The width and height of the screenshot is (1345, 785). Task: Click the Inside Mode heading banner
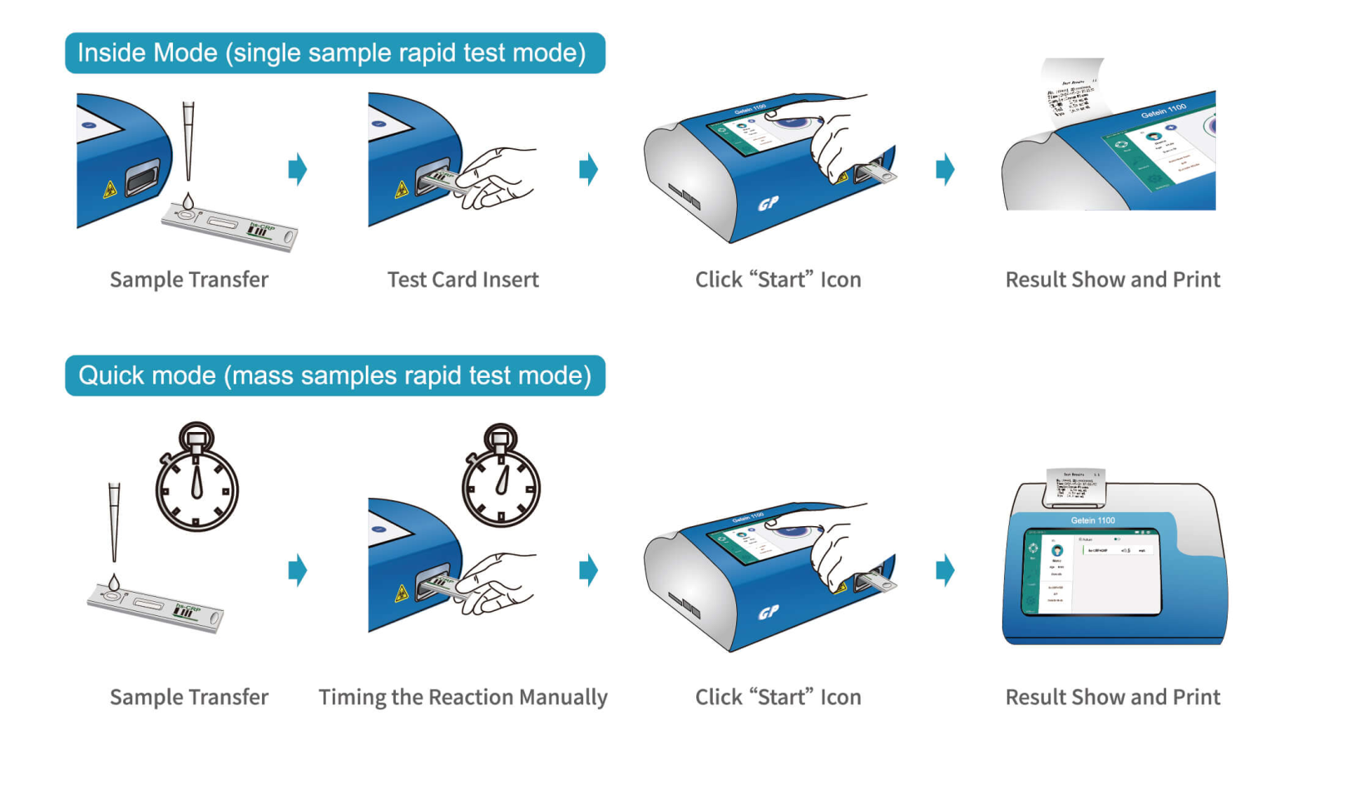(334, 53)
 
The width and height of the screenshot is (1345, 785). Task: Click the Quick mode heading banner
(334, 375)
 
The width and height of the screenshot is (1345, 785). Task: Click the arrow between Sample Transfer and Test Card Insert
(297, 169)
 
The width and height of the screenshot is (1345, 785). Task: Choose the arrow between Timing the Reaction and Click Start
(588, 570)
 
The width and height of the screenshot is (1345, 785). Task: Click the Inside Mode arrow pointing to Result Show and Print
(945, 169)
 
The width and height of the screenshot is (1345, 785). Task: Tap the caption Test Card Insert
(462, 280)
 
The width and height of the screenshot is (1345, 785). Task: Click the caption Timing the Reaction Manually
(462, 697)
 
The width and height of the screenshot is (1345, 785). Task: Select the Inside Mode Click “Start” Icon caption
(778, 280)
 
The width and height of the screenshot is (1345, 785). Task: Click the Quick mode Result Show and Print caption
(1112, 697)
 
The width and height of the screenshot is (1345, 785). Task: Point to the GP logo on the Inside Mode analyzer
(768, 202)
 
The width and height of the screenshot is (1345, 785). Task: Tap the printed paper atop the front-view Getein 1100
(1075, 486)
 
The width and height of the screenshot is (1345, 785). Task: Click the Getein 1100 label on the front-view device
(1092, 520)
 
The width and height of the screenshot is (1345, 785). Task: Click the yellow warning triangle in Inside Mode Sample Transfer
(110, 191)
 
